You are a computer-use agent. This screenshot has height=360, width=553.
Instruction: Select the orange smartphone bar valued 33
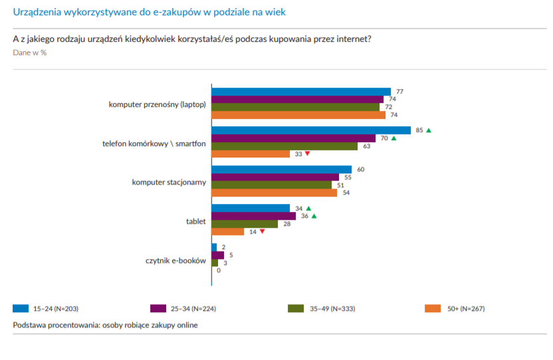click(251, 154)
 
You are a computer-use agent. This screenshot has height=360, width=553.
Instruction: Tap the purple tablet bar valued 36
click(253, 216)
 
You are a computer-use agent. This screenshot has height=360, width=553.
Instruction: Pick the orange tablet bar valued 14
click(227, 232)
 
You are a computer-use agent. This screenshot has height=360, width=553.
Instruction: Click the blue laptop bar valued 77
click(300, 92)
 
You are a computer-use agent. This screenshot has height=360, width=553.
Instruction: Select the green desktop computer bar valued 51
click(272, 185)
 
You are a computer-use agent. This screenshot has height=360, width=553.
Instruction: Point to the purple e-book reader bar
click(217, 255)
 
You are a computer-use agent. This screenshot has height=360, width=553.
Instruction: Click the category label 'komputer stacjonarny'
click(169, 181)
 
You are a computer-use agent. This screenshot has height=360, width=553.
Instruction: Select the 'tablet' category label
click(195, 221)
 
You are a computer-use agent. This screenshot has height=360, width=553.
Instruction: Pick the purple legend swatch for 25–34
click(158, 308)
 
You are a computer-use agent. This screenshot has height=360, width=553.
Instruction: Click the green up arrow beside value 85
click(429, 130)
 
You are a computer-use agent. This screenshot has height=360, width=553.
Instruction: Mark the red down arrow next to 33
click(307, 154)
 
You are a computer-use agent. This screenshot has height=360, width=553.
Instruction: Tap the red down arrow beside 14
click(263, 232)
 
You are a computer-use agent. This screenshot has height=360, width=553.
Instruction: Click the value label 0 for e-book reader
click(218, 270)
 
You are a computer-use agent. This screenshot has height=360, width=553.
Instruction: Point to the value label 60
click(361, 169)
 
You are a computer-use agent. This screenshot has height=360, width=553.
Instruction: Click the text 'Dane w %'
click(29, 52)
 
